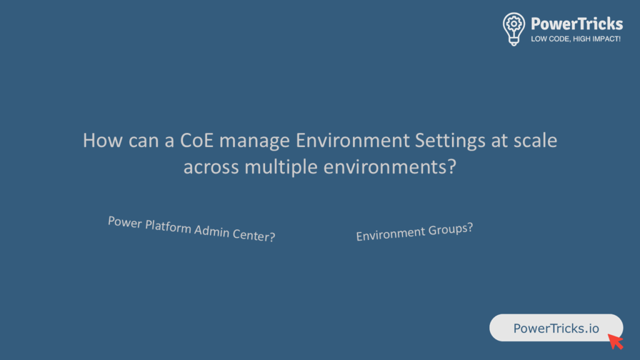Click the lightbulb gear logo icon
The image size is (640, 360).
click(514, 29)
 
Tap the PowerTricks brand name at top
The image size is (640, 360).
click(577, 24)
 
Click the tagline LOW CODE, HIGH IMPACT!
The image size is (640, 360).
click(576, 39)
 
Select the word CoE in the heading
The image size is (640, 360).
click(197, 140)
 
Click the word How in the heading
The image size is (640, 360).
click(103, 140)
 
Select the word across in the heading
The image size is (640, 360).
click(211, 167)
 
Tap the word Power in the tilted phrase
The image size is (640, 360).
click(125, 222)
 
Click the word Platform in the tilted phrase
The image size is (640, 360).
click(168, 227)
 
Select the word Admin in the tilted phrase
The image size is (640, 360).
click(212, 231)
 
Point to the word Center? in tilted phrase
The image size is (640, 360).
click(254, 235)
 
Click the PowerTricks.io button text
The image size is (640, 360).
click(556, 328)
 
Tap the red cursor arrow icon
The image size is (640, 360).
click(616, 342)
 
